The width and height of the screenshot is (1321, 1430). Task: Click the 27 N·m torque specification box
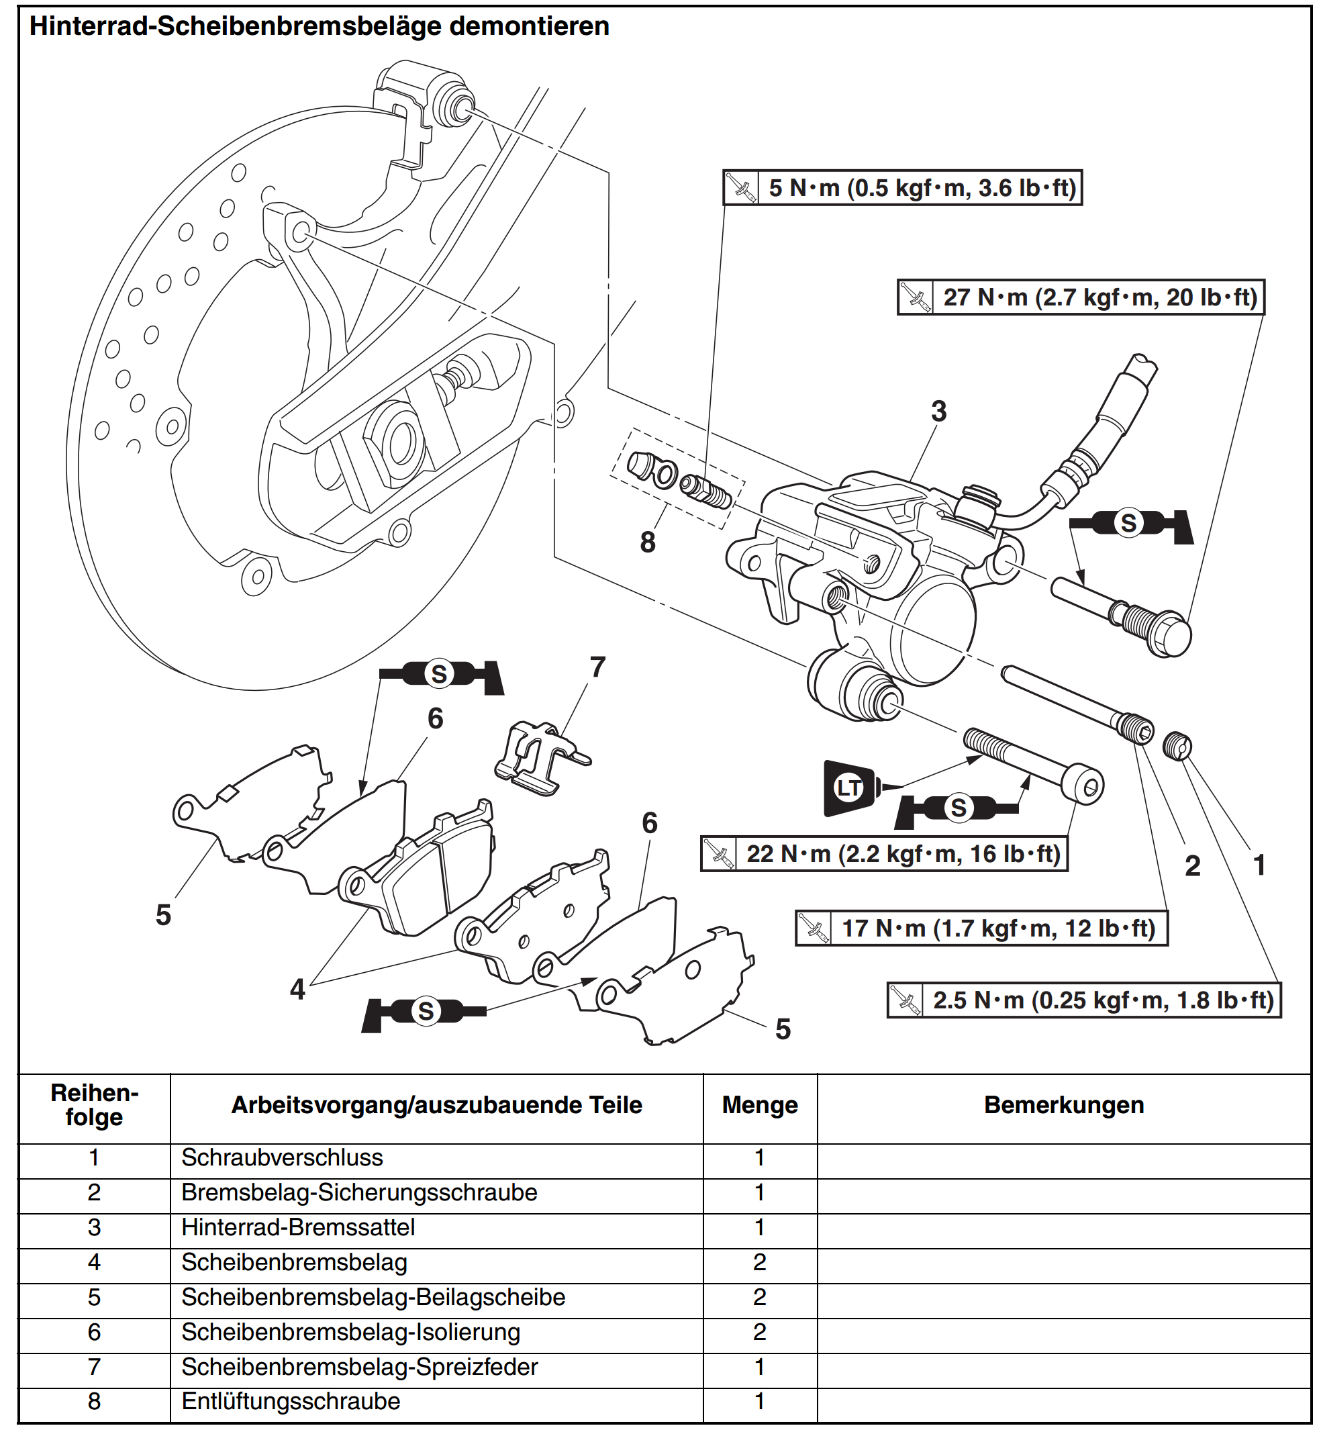point(1081,297)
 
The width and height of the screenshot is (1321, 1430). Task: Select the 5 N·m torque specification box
point(903,188)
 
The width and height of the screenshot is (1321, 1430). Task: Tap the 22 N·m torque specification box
point(884,854)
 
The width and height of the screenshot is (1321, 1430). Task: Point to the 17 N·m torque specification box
point(981,928)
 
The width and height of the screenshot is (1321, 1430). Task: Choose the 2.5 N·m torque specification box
point(1083,1000)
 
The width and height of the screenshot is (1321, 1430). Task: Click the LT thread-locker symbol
point(850,789)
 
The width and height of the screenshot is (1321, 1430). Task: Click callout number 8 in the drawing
point(648,542)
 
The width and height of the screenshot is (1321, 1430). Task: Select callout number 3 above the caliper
point(938,411)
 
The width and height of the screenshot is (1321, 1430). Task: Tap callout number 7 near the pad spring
point(597,667)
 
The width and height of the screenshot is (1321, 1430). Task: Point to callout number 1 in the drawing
point(1259,865)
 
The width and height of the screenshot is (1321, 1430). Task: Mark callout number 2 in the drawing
point(1192,866)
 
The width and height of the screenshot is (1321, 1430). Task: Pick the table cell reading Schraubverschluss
point(283,1157)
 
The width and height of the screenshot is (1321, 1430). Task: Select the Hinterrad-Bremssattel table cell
point(298,1228)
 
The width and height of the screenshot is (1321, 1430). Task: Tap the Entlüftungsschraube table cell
point(291,1401)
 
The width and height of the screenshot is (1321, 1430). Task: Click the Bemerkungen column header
point(1064,1105)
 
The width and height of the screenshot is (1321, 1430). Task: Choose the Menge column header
point(760,1105)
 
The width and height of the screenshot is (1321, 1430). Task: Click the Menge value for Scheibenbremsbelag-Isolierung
point(760,1332)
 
